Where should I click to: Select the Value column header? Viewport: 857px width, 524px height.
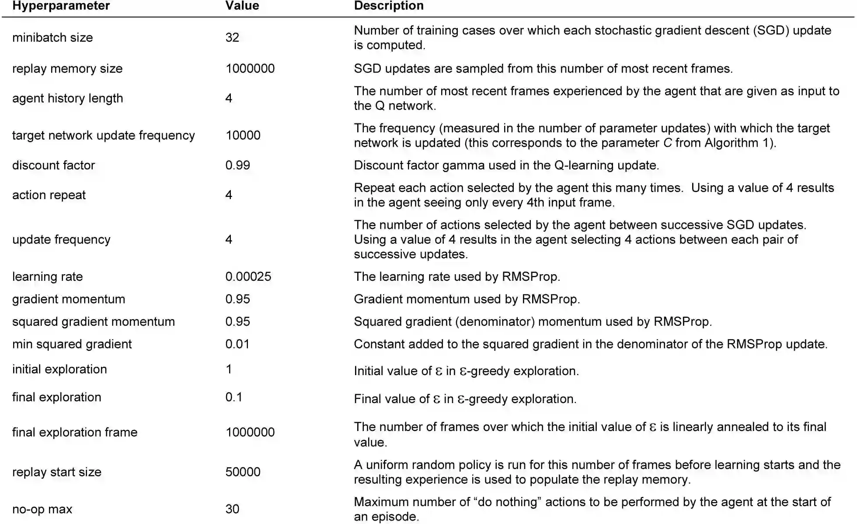[242, 6]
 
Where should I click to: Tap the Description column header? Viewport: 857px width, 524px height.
[388, 6]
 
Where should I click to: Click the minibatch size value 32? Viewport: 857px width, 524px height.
[232, 38]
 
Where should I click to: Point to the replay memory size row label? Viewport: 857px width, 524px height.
[67, 69]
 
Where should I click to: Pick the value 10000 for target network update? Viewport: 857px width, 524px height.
[243, 135]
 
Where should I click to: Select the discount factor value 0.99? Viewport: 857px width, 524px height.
[237, 165]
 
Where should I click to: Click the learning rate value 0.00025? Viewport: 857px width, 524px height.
[248, 276]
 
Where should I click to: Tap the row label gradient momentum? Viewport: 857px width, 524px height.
[69, 299]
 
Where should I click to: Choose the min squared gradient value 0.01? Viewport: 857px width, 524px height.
[237, 344]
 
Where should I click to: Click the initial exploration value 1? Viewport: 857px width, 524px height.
[229, 369]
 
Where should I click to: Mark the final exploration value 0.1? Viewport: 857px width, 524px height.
[233, 397]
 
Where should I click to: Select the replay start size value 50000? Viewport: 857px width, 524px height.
[243, 472]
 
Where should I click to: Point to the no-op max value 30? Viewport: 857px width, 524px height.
[232, 509]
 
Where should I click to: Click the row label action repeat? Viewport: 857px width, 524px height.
[49, 195]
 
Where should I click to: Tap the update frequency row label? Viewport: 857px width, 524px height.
[61, 240]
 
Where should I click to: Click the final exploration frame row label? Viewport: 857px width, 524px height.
[75, 432]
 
